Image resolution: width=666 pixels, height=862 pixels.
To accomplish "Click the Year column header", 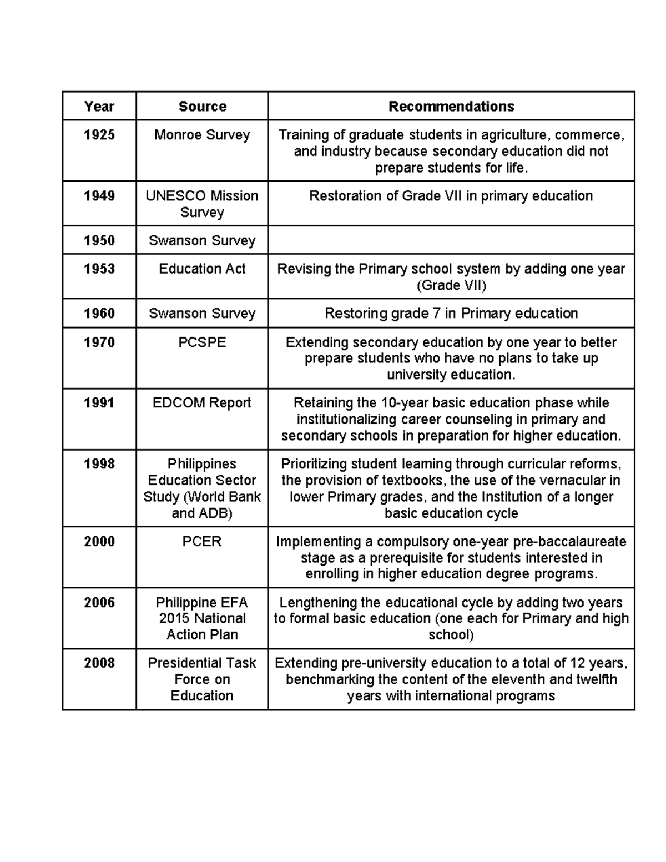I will tap(99, 107).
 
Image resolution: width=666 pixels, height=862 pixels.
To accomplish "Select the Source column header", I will tap(202, 107).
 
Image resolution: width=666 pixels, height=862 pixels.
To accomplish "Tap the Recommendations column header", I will tap(451, 107).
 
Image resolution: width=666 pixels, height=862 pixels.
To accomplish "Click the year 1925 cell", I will tap(99, 135).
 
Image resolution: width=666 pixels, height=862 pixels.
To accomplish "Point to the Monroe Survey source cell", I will tap(202, 135).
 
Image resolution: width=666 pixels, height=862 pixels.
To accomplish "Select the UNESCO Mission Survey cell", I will tap(202, 204).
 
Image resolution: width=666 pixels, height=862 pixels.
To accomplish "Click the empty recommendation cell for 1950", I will tap(451, 240).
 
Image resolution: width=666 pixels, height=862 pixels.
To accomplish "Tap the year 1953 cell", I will tap(99, 269).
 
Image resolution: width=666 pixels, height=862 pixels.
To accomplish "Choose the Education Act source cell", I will tap(202, 269).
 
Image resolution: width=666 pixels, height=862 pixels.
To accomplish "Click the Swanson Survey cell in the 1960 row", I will tap(202, 314).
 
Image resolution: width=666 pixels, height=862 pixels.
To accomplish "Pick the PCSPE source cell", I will tap(202, 342).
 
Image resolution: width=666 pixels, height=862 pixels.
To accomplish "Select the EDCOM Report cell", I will tap(202, 403).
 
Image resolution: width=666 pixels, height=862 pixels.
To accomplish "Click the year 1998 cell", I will tap(99, 464).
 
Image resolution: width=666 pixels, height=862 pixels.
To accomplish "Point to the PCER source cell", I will tap(202, 542).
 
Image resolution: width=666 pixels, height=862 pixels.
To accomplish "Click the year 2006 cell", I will tap(99, 603).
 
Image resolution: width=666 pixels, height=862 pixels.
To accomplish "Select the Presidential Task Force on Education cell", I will tap(202, 679).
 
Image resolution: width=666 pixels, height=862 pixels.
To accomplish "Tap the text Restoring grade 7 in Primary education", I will tap(451, 314).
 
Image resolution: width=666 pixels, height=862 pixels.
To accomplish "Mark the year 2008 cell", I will tap(99, 663).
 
